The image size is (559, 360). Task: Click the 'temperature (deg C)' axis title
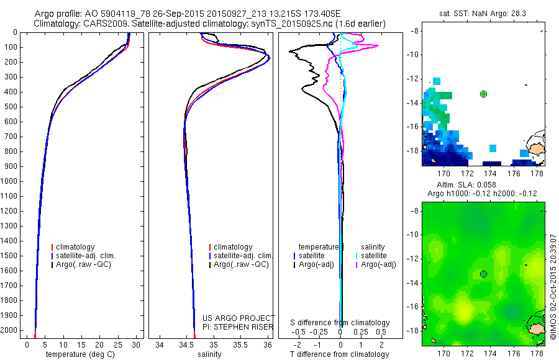point(78,354)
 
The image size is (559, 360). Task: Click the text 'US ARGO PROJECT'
point(239,318)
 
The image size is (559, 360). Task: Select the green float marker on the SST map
point(483,94)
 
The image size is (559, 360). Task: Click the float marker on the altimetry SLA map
point(483,274)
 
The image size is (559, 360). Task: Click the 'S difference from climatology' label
point(340,323)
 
